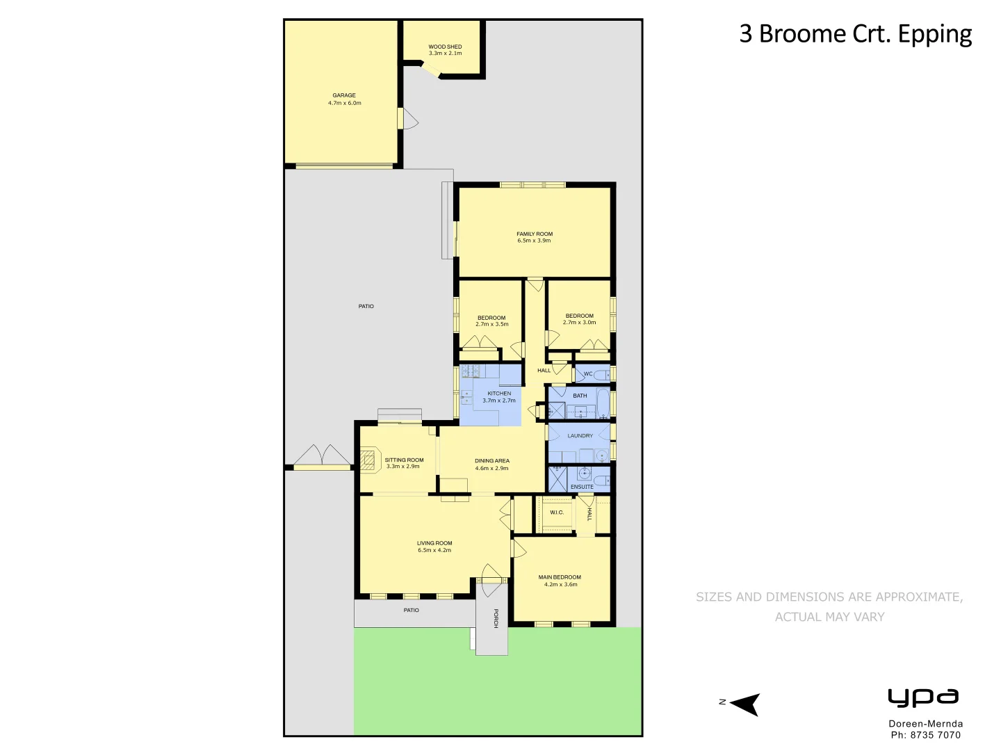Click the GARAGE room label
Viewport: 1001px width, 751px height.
[344, 95]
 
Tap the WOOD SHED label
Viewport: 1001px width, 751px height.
[445, 47]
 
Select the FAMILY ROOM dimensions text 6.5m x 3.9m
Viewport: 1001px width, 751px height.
[534, 241]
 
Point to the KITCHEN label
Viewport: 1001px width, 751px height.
[499, 394]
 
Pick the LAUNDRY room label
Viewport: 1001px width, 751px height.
[580, 436]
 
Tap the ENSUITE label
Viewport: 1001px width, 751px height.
[582, 487]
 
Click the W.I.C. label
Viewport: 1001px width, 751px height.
[557, 512]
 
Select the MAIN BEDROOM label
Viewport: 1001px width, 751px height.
[560, 577]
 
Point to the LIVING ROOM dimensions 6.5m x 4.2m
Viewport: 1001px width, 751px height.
[434, 550]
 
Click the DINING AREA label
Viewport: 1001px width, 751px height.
[492, 461]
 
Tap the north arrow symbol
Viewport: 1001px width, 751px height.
[744, 704]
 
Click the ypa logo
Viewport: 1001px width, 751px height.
[923, 697]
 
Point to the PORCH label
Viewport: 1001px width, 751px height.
[496, 618]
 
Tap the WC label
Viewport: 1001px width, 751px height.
[588, 374]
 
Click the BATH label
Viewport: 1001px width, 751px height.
[580, 396]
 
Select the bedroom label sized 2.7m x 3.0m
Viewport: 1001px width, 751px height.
[579, 316]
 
